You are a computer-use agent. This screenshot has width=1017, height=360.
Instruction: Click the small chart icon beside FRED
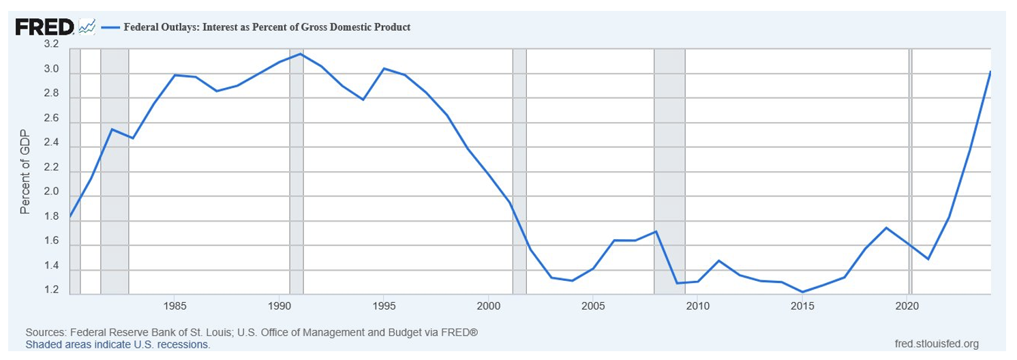[87, 27]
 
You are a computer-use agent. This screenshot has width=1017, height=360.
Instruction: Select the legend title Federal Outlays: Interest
[266, 27]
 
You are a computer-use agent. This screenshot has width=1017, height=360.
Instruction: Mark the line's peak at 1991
[301, 54]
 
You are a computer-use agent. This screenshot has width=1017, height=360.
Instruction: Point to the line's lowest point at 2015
[803, 292]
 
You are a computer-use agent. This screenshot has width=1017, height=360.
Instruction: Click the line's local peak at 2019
[886, 228]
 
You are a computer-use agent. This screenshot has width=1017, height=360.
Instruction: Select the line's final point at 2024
[990, 72]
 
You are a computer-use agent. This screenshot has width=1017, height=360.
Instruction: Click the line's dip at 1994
[363, 100]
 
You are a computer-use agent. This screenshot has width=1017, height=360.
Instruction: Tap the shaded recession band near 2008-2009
[669, 170]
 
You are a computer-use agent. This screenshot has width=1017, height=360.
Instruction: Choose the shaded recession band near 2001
[519, 170]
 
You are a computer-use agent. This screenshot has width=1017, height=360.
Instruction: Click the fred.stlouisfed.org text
[940, 343]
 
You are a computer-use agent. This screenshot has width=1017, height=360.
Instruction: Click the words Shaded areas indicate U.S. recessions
[118, 345]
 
